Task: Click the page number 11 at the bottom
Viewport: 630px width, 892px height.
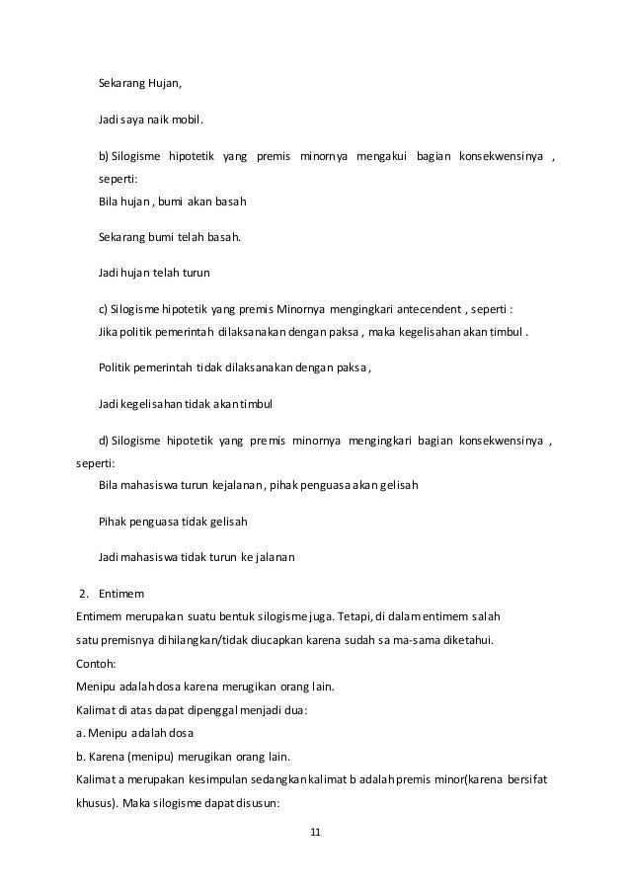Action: [x=315, y=833]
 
